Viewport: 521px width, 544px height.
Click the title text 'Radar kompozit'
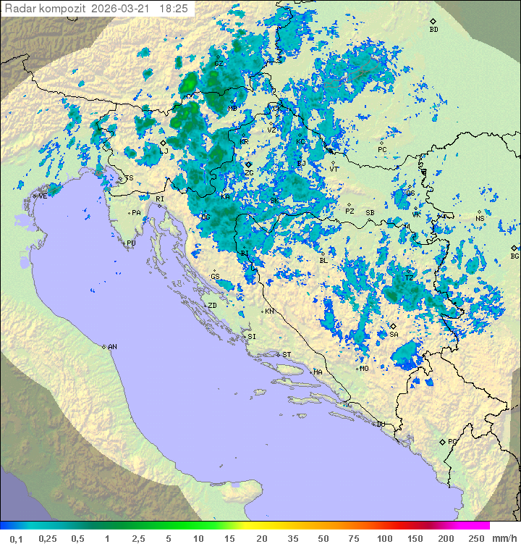(x=45, y=9)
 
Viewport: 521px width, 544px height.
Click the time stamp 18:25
(x=173, y=9)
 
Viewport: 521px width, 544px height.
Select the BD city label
(x=433, y=30)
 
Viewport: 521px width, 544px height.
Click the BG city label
(x=514, y=256)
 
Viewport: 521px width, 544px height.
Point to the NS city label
(x=480, y=218)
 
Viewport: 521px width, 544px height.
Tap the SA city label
(x=394, y=334)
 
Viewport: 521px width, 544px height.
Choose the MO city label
(x=364, y=368)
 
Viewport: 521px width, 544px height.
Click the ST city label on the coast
(x=286, y=354)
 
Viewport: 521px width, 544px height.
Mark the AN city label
(x=112, y=347)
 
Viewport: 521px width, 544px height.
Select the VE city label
(x=43, y=196)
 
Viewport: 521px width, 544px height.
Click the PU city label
(x=131, y=243)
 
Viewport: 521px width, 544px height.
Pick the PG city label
(x=452, y=441)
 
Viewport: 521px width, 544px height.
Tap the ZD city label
(x=212, y=306)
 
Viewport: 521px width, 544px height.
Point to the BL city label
(x=323, y=260)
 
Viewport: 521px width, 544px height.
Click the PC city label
(x=382, y=149)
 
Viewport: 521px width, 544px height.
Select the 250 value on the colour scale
(x=475, y=538)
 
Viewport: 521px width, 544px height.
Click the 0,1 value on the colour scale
(x=16, y=538)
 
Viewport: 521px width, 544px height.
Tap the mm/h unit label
(x=504, y=538)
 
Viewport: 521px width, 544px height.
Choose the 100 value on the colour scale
(x=384, y=538)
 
